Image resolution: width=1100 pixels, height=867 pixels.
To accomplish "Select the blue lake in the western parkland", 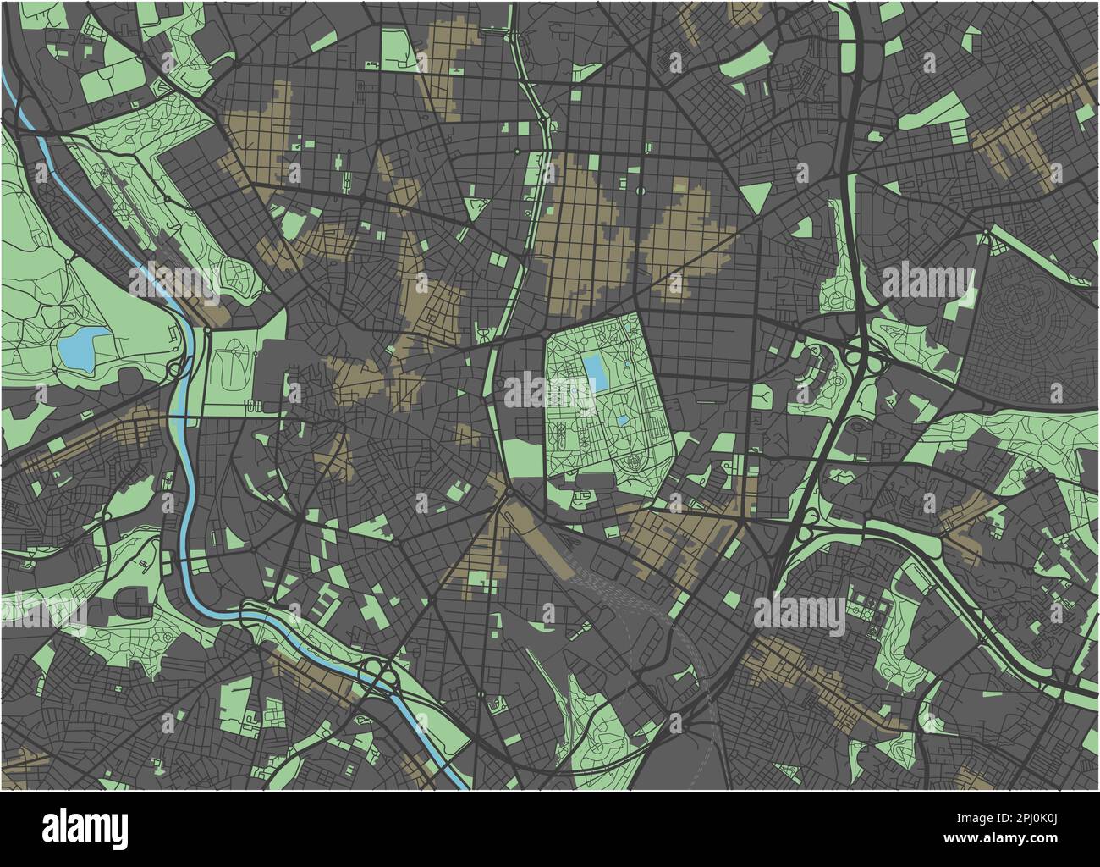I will click(80, 348).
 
